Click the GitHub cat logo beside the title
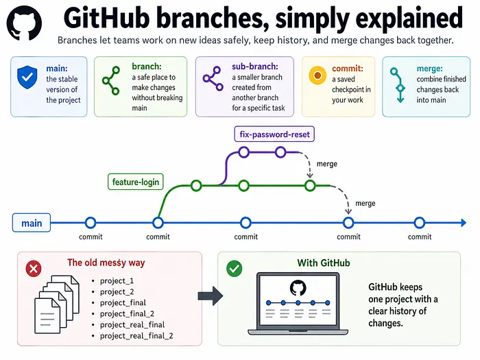[x=24, y=23]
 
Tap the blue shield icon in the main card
[x=27, y=77]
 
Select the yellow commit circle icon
[x=317, y=75]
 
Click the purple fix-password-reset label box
[x=274, y=134]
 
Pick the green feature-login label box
[x=136, y=182]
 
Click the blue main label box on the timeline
[x=32, y=223]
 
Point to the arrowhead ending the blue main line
[x=464, y=223]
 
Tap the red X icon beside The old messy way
[x=34, y=269]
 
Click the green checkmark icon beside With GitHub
[x=235, y=269]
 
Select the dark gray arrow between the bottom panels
[x=211, y=296]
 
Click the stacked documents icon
[x=57, y=304]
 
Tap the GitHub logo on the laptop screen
[x=298, y=288]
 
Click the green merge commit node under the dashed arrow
[x=310, y=186]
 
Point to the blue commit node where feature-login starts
[x=158, y=223]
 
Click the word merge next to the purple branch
[x=327, y=164]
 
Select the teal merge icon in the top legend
[x=398, y=85]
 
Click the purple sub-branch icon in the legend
[x=213, y=79]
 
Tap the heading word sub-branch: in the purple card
[x=255, y=67]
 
